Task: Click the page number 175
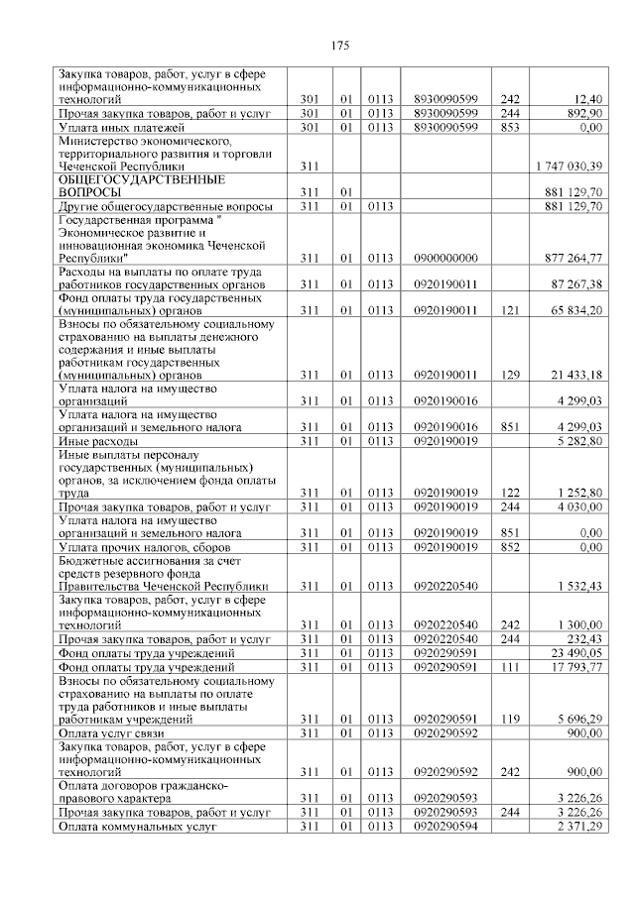click(x=338, y=46)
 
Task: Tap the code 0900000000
click(x=445, y=259)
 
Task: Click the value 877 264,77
click(x=572, y=259)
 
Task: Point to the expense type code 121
click(x=510, y=311)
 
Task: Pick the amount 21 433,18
click(x=574, y=376)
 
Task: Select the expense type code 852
click(x=510, y=546)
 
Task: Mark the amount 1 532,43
click(x=578, y=586)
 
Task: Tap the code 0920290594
click(x=445, y=826)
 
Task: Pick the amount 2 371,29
click(x=578, y=826)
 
